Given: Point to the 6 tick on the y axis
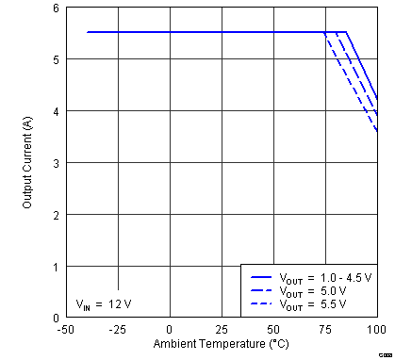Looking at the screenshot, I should pos(54,8).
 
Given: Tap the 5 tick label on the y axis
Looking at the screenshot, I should pos(54,59).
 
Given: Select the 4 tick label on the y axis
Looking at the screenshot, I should pos(54,111).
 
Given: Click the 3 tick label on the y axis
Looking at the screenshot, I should pos(54,163).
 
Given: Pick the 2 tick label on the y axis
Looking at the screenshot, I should pos(54,215).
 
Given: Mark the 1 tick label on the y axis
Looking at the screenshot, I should pos(54,267).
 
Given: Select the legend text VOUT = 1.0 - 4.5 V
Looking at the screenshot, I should pos(324,278).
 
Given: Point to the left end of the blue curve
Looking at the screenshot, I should pos(87,32).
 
